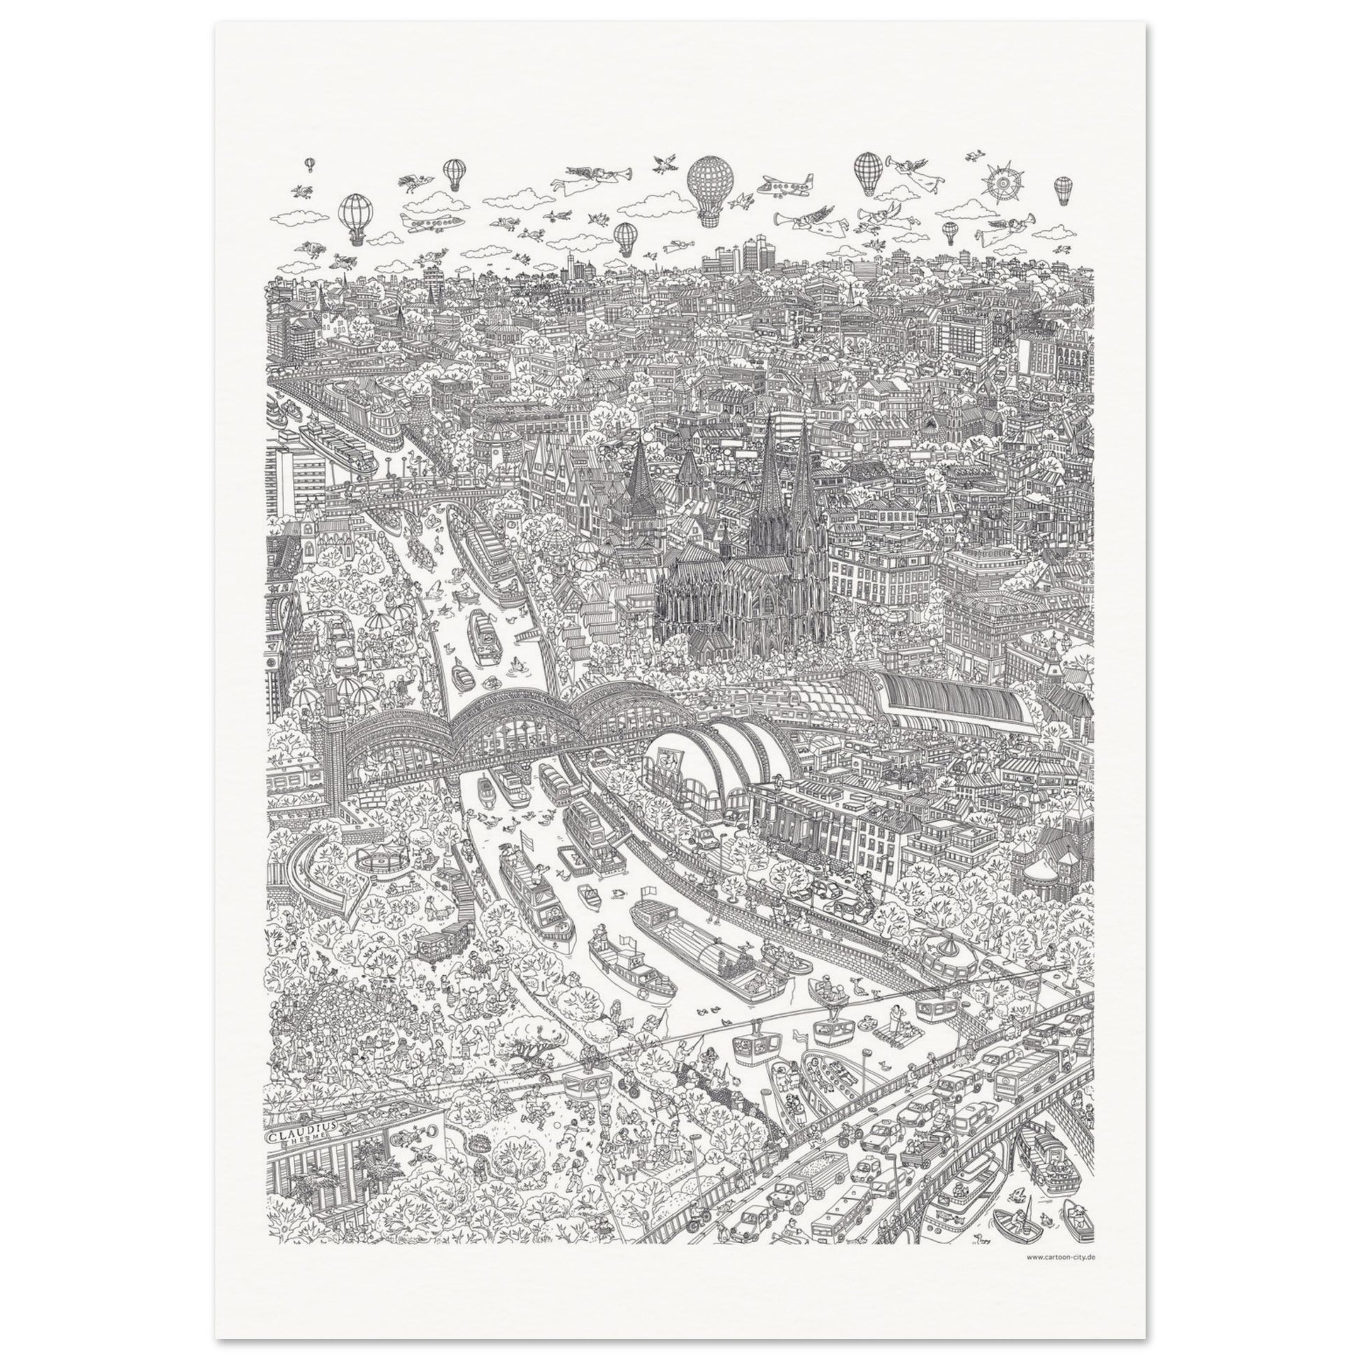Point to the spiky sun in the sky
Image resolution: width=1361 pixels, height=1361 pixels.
click(1003, 183)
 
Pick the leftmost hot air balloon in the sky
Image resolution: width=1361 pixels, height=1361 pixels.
click(309, 164)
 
